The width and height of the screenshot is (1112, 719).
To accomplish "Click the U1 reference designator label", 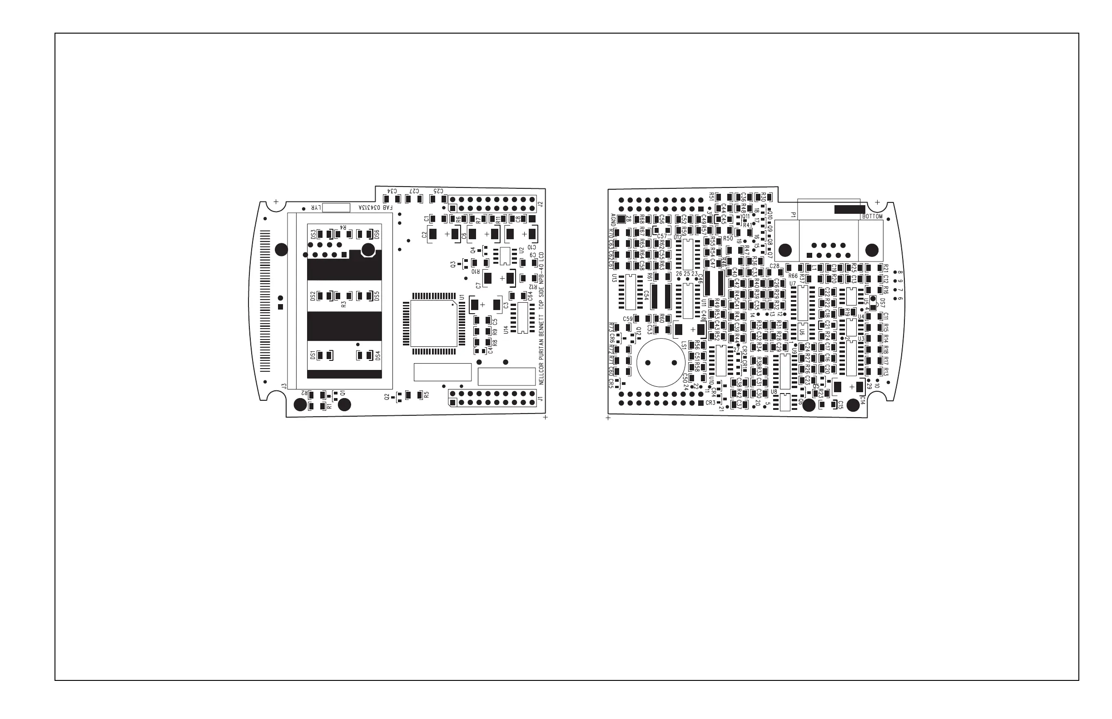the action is [x=462, y=297].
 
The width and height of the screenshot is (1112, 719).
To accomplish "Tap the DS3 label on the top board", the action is [x=313, y=234].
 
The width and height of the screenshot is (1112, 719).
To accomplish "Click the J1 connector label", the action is [x=540, y=399].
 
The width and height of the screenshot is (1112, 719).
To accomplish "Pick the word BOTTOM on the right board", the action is [x=872, y=217].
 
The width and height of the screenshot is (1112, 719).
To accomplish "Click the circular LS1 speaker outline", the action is [x=660, y=363].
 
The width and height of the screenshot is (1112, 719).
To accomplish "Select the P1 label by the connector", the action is [x=793, y=215].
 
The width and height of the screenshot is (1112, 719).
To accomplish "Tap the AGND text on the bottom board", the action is [x=613, y=219].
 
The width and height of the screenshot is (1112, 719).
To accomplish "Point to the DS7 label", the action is [x=882, y=303].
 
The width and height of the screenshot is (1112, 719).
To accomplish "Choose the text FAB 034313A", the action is [x=376, y=207].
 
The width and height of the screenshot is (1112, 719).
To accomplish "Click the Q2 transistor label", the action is [x=387, y=397].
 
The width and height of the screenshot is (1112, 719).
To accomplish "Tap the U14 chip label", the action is [x=506, y=330].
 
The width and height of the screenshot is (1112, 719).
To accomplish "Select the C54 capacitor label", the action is [x=646, y=295].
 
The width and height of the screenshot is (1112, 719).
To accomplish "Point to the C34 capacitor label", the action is [x=392, y=191].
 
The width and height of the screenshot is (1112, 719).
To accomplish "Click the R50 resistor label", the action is [x=728, y=239].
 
